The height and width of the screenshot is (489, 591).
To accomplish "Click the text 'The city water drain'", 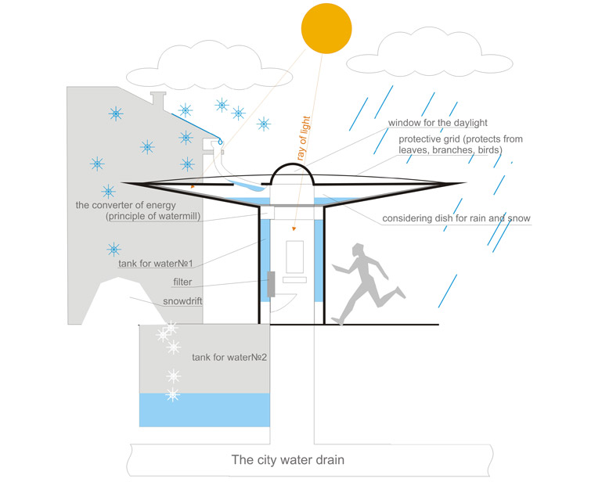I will [x=287, y=460].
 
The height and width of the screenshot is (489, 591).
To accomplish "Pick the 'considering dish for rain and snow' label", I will [x=456, y=218].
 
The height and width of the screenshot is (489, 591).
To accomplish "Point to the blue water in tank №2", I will [x=204, y=408].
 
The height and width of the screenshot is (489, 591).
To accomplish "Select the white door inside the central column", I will [x=294, y=260].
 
